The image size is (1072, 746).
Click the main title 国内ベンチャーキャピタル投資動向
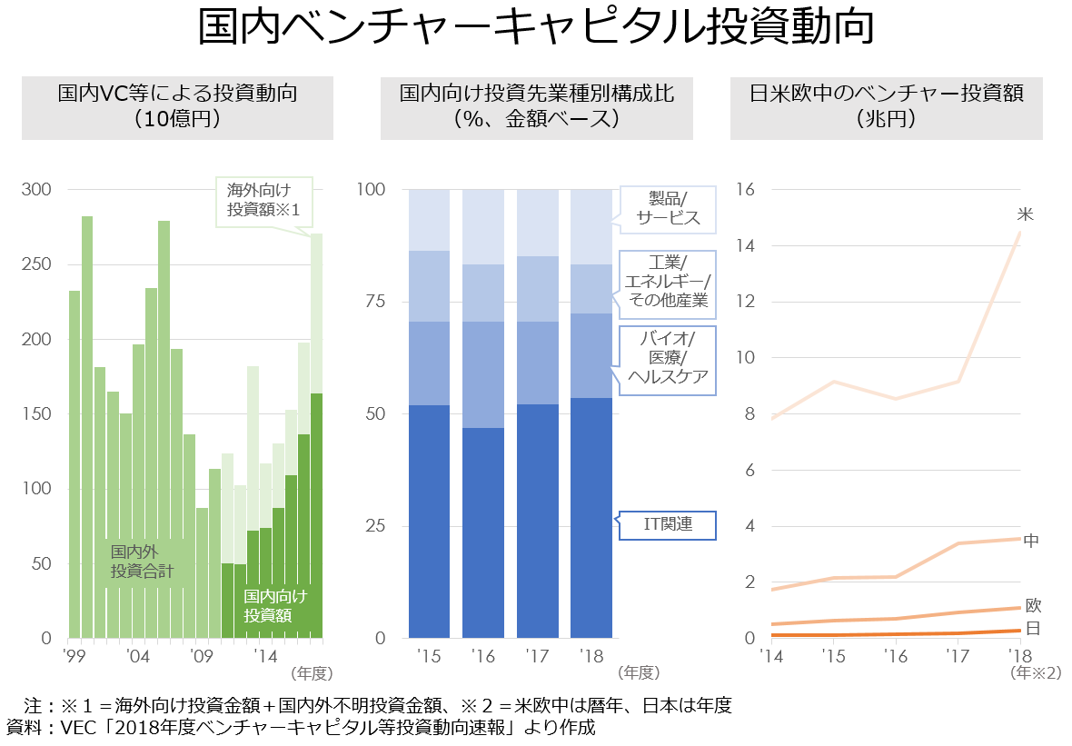(x=536, y=29)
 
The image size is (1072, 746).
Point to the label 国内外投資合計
(x=142, y=562)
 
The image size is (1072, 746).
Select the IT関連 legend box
(x=668, y=525)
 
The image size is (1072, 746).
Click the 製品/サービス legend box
(x=668, y=208)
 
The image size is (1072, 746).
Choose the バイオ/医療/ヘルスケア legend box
(x=668, y=361)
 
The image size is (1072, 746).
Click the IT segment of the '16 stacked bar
(x=483, y=532)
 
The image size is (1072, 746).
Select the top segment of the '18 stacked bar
(x=591, y=226)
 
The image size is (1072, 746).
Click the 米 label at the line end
(x=1026, y=214)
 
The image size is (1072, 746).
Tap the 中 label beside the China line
(x=1031, y=541)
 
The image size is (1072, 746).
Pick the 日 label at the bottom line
(x=1033, y=629)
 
